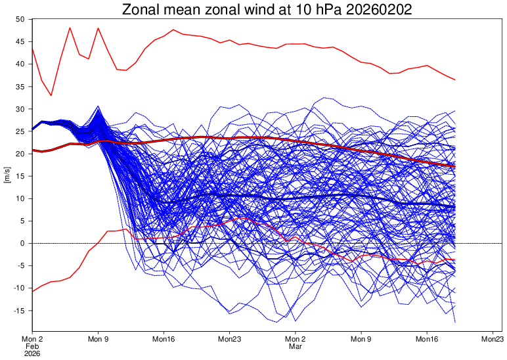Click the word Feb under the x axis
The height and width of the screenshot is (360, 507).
[x=32, y=346]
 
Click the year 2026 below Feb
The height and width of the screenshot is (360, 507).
[x=32, y=353]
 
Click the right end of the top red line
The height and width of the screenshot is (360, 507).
[x=454, y=79]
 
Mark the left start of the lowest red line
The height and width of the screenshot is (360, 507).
[x=32, y=290]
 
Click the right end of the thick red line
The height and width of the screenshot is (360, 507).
[x=454, y=166]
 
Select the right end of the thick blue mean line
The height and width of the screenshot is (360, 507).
[x=454, y=208]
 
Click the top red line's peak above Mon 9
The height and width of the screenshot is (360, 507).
[x=98, y=28]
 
